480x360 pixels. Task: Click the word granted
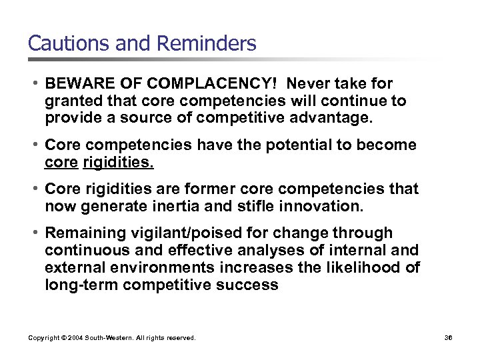[x=71, y=101]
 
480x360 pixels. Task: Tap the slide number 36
[x=448, y=338]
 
